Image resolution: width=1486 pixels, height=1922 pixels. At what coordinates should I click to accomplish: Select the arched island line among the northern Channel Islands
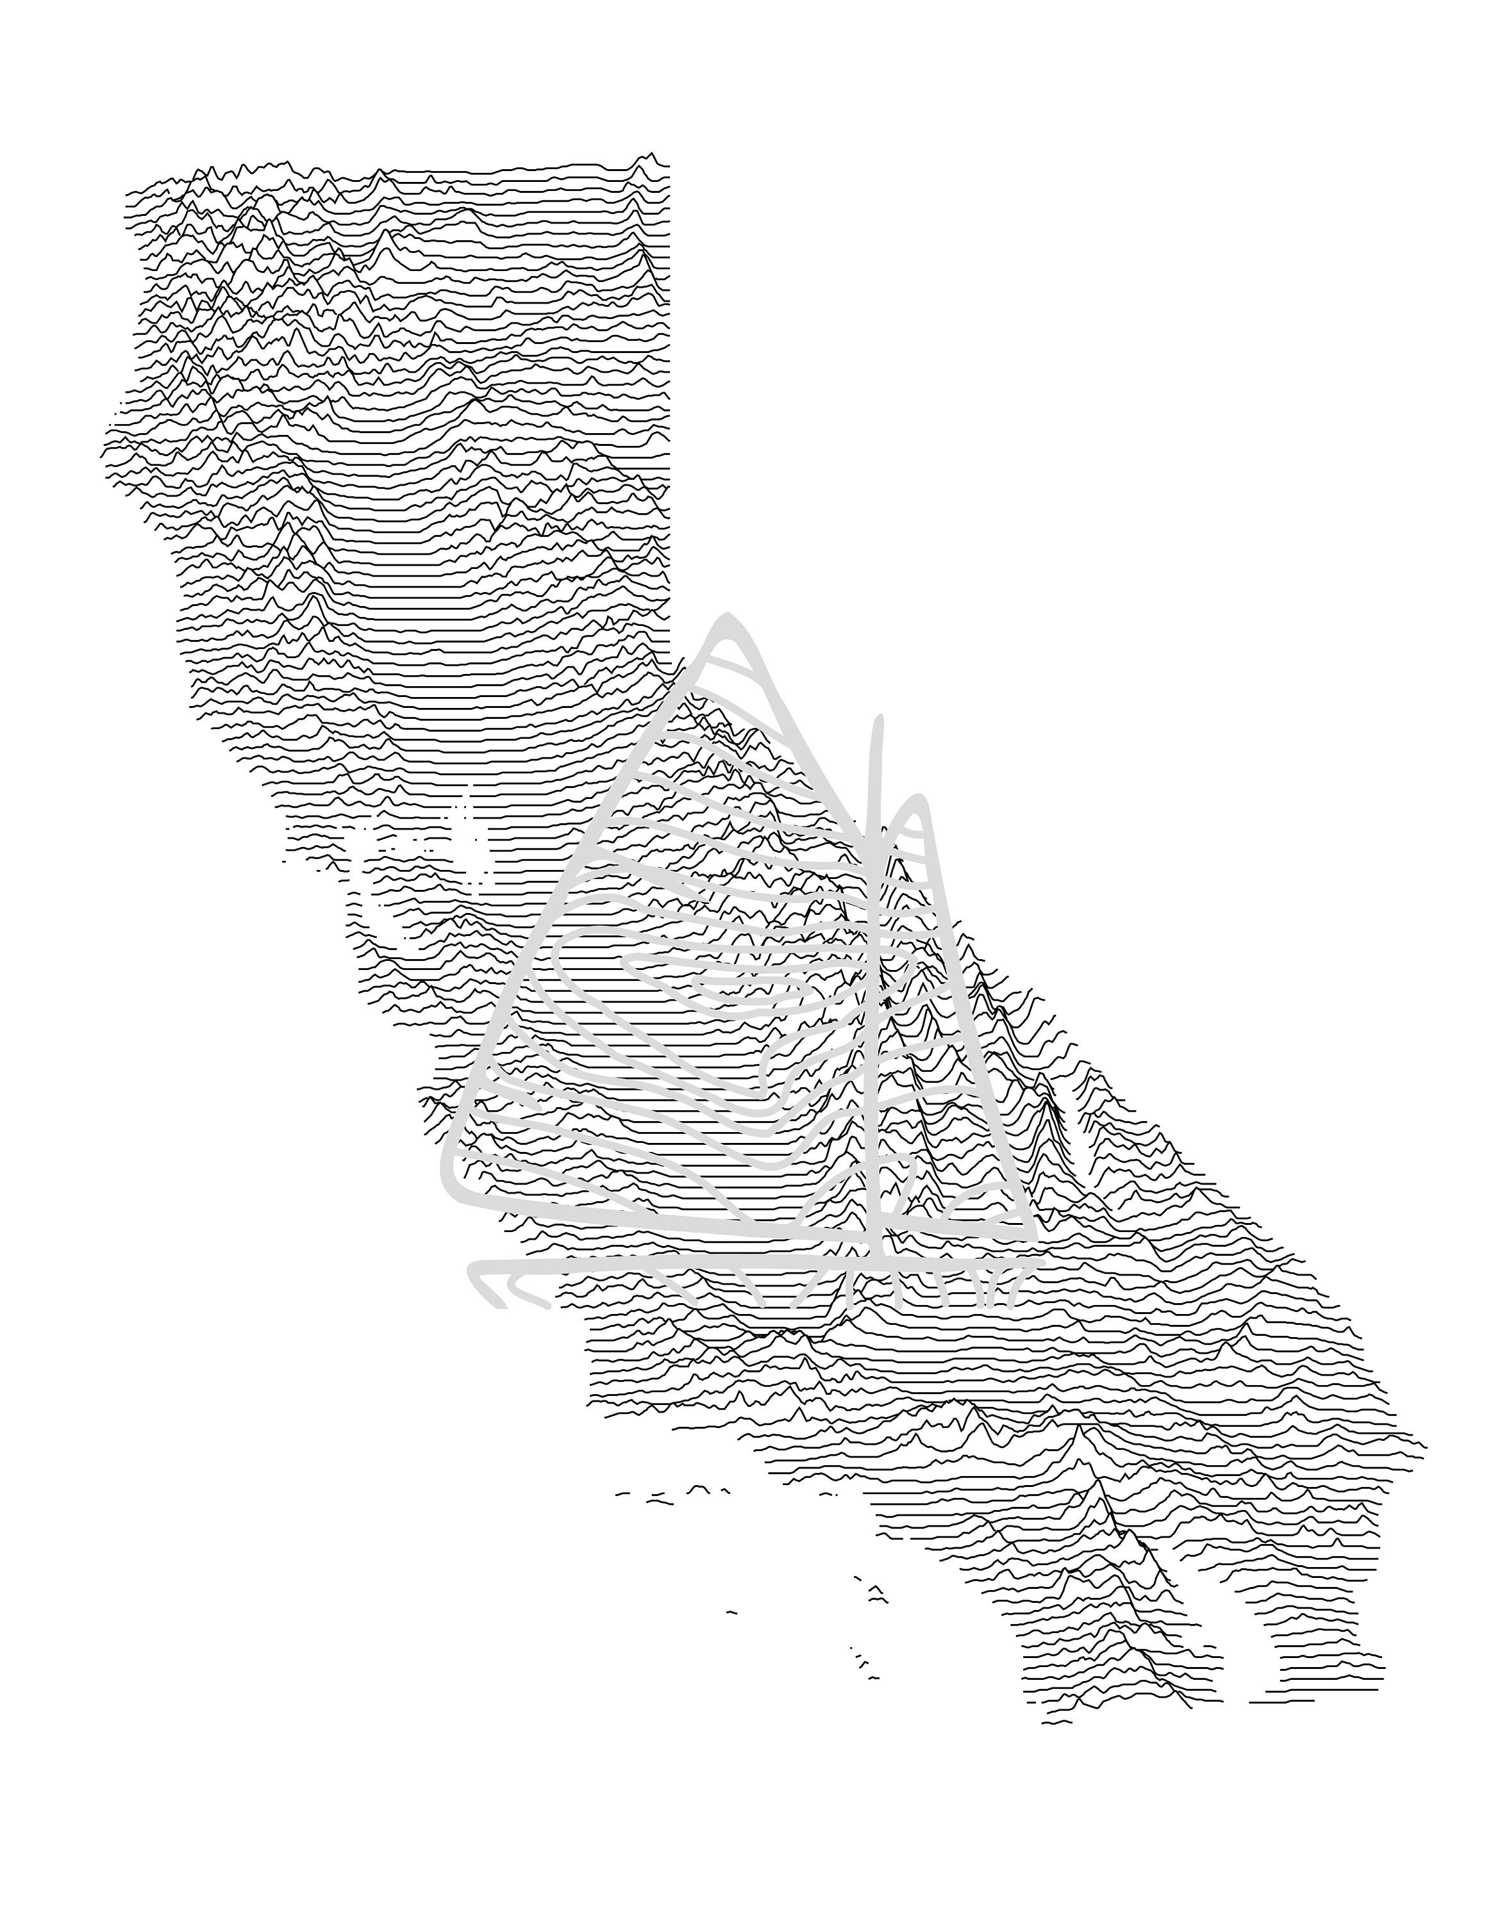click(x=698, y=1488)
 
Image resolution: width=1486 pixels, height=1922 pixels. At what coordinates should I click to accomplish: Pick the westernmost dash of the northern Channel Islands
click(x=622, y=1493)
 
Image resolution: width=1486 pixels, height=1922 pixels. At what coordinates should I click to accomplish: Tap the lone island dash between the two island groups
click(x=731, y=1611)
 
